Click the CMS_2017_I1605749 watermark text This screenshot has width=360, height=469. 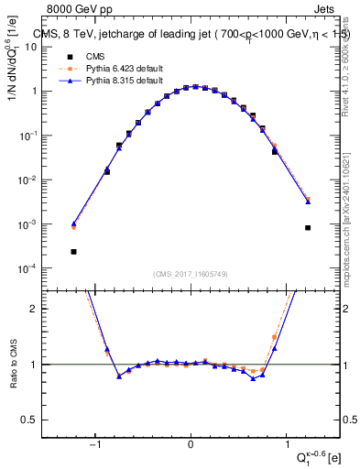pos(191,274)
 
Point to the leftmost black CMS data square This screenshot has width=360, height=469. pos(73,251)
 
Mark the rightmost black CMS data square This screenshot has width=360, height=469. pos(308,227)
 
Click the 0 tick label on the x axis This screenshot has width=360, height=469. pos(191,446)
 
